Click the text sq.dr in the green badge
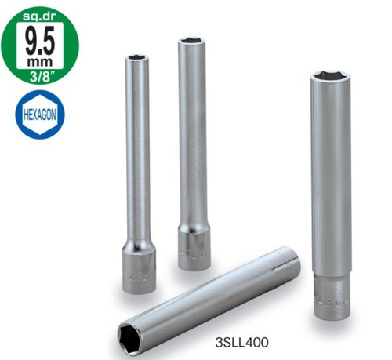click(38, 14)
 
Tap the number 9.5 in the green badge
click(38, 37)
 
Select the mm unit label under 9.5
click(38, 60)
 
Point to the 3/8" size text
click(38, 75)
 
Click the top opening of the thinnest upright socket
click(137, 57)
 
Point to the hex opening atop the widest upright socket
click(331, 77)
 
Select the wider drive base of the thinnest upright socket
click(139, 267)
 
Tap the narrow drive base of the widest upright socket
click(332, 296)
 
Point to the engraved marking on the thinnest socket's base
click(135, 276)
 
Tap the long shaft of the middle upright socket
click(193, 133)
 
